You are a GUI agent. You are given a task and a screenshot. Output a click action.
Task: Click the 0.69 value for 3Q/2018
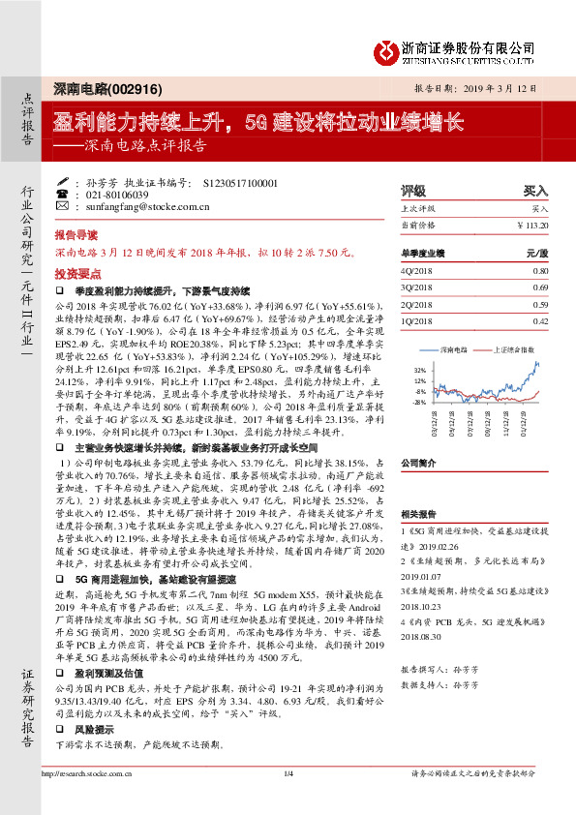(x=540, y=287)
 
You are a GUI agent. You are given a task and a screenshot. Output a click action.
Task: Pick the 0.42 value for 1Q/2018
(x=540, y=320)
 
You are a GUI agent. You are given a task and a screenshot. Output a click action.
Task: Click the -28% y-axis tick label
(x=420, y=401)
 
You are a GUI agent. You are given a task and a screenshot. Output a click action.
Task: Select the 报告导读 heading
(x=76, y=235)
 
